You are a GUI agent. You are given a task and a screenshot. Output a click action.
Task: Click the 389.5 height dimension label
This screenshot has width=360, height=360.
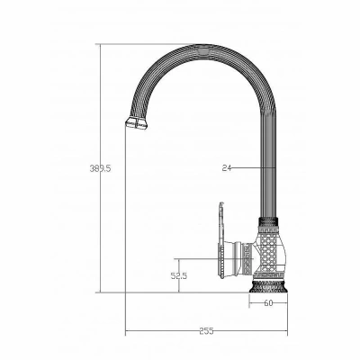pos(100,168)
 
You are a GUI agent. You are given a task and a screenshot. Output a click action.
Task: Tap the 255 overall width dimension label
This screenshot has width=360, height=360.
pos(206,331)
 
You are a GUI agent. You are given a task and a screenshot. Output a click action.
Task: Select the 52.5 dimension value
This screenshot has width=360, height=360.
pos(179,275)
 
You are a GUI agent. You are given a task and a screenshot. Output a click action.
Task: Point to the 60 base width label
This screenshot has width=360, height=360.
pos(268,303)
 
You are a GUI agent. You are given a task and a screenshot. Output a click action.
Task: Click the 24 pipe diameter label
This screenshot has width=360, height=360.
pos(227,168)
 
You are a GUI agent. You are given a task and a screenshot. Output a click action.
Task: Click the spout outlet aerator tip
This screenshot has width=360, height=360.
pos(137,123)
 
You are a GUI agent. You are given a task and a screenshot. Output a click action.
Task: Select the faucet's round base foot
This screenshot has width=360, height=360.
pos(268,286)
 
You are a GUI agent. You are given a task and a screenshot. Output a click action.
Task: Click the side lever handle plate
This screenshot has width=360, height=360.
pos(221,240)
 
